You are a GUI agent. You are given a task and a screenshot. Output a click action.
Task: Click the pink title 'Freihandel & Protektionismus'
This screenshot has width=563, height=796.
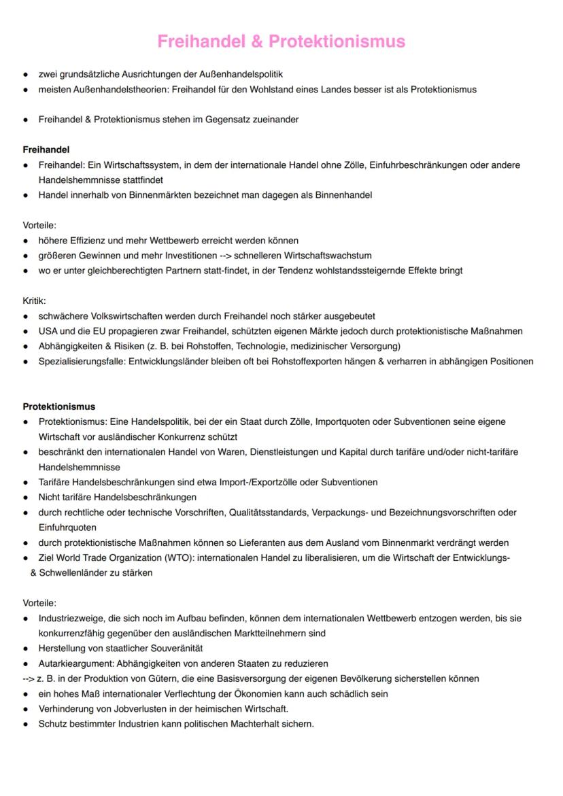pos(281,41)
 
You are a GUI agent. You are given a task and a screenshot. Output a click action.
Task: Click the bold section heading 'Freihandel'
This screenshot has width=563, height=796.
pos(46,150)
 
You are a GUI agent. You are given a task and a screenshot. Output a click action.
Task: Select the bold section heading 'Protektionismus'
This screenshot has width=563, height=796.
pos(59,406)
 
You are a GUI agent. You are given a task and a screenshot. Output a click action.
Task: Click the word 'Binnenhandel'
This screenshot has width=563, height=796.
pos(343,195)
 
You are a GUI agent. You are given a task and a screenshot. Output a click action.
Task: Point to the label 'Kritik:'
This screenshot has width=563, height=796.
pos(35,300)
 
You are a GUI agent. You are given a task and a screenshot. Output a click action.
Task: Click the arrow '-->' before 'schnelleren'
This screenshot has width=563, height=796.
pos(220,256)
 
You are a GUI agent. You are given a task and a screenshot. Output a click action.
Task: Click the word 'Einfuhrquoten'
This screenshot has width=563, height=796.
pos(67,527)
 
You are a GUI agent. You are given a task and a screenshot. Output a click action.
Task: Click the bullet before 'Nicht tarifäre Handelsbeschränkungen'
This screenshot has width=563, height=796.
pos(25,497)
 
